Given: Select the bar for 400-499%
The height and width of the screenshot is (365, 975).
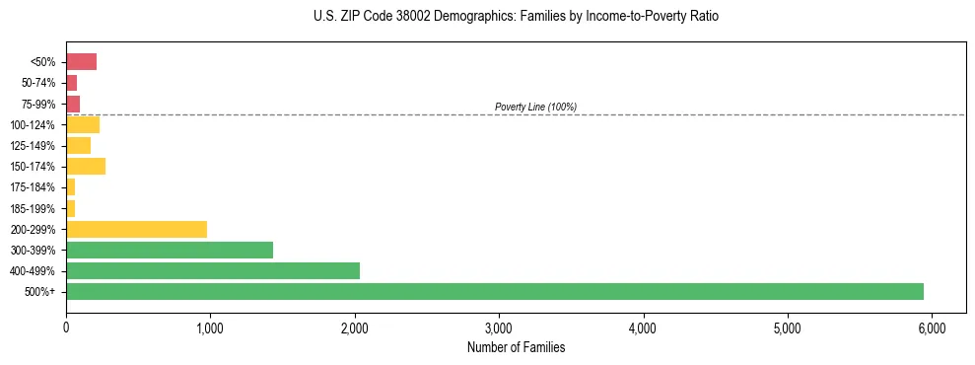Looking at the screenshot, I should (x=213, y=270).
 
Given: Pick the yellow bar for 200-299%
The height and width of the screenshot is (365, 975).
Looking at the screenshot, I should (x=137, y=229).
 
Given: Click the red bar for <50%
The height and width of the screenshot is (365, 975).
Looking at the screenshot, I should (x=82, y=62).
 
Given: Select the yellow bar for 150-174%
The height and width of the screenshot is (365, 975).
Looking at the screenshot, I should (x=86, y=167).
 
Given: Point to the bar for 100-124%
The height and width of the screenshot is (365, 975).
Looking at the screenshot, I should (x=83, y=124).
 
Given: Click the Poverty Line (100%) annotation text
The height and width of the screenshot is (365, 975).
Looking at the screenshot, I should (x=535, y=107).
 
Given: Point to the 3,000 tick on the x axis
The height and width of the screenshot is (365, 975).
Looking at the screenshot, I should (x=499, y=327).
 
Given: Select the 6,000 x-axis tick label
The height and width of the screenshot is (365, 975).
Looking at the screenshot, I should (x=932, y=327).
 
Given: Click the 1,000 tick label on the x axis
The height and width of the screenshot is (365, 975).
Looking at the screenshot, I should (x=210, y=327).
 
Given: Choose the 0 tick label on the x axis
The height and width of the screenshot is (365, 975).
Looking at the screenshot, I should (x=66, y=327).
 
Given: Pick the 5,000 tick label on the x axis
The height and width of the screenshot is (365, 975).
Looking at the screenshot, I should (x=788, y=327).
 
